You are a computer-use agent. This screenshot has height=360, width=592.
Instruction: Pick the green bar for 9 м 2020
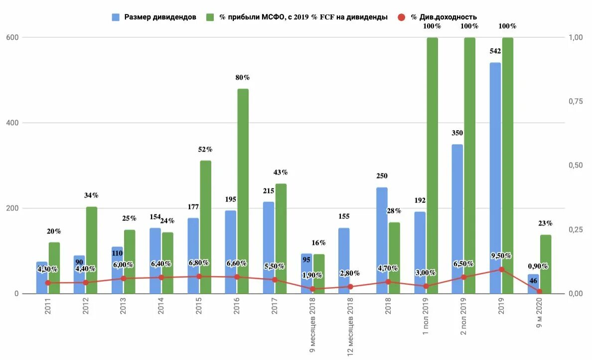point(546,264)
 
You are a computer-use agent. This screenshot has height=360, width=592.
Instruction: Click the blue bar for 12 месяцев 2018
point(344,259)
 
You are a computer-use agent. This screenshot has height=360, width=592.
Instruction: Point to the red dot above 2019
point(502,269)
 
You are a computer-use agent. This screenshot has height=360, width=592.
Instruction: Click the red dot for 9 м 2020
point(540,292)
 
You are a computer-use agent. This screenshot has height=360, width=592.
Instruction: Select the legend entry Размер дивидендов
point(154,17)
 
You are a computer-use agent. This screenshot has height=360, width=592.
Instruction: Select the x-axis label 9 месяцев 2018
point(312,327)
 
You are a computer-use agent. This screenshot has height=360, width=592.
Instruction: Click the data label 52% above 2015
point(205,149)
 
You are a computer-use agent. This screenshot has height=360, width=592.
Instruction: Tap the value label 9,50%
point(501,256)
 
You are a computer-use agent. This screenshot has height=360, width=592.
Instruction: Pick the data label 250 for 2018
point(382,176)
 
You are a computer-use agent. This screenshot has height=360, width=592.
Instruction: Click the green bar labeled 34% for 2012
point(92,250)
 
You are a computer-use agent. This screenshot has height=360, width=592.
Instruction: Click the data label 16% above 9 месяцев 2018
point(318,243)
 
